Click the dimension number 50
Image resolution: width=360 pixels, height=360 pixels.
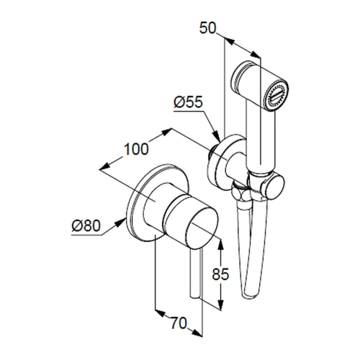208,28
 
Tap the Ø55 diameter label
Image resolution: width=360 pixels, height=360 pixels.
189,103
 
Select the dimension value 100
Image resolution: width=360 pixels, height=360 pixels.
136,149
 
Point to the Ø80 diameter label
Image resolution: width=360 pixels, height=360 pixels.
86,226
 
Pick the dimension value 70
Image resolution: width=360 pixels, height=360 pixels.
179,323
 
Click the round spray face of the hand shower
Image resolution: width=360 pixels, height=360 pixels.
276,95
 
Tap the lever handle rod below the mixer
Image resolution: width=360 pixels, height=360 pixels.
197,274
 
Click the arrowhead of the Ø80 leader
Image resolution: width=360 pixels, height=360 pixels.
122,222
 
